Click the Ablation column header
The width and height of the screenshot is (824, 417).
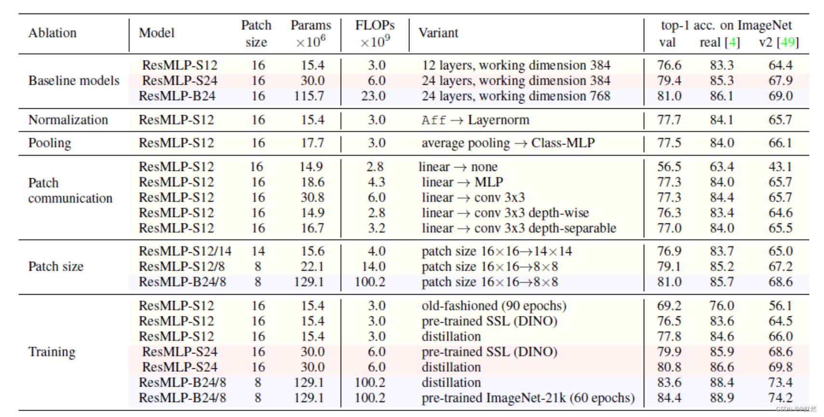52,33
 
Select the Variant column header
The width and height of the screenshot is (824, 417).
438,33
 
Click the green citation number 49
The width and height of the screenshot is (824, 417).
787,42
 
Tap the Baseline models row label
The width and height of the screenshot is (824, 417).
74,80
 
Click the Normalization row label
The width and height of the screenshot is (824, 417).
68,120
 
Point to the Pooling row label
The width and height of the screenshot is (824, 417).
50,143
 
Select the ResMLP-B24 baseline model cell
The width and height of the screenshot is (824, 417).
177,96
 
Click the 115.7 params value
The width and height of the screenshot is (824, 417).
309,96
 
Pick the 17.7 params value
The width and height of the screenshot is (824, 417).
312,143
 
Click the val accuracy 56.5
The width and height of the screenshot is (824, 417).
669,167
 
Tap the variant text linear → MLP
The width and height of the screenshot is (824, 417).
462,182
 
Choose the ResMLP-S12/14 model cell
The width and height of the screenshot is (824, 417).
185,251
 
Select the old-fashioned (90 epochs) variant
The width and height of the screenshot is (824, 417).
494,306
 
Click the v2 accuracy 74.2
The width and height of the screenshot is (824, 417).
780,398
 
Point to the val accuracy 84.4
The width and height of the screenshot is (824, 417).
669,398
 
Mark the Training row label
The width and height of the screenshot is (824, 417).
52,352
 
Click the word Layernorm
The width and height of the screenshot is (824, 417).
499,120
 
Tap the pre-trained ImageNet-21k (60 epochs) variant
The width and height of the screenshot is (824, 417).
528,398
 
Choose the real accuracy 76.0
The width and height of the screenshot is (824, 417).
721,306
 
